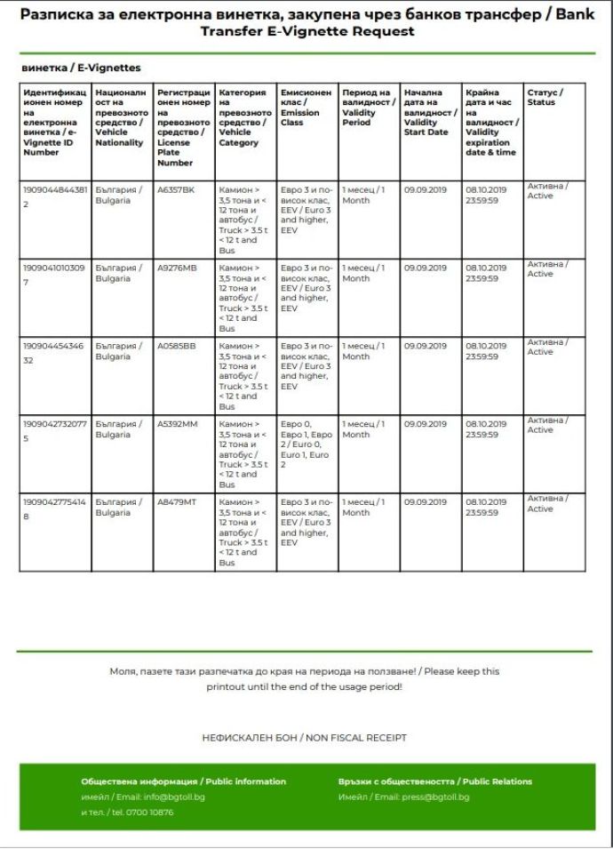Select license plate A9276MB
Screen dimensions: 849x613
[x=177, y=268]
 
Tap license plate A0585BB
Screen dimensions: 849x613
[x=177, y=346]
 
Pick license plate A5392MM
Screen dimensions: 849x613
[x=177, y=424]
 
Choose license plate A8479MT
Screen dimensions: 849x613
[x=177, y=502]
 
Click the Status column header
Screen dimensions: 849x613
[x=545, y=97]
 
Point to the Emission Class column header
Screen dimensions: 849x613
[x=306, y=108]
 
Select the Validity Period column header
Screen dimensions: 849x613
[x=366, y=108]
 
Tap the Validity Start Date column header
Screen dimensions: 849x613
[x=429, y=112]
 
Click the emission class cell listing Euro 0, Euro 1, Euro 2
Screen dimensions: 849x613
[x=306, y=445]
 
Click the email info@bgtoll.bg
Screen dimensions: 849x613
[x=173, y=797]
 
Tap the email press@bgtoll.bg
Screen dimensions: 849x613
[x=430, y=797]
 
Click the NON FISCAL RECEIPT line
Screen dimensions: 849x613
[x=305, y=738]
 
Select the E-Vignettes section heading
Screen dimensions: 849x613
[x=81, y=68]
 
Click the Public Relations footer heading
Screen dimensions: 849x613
[x=434, y=781]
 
